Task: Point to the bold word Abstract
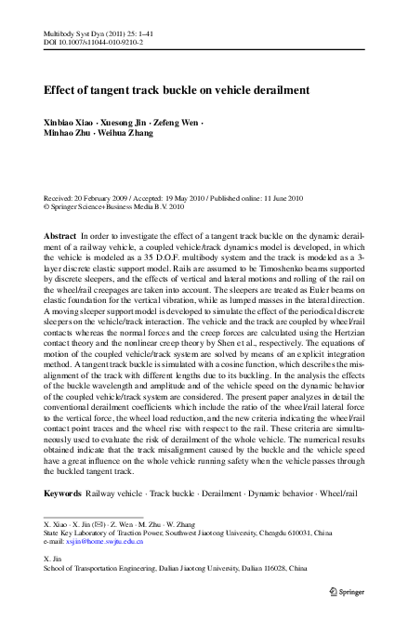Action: coord(60,238)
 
